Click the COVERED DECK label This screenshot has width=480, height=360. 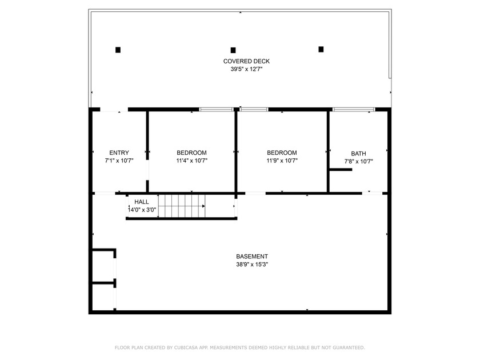pyautogui.click(x=246, y=61)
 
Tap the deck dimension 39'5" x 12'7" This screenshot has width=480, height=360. pyautogui.click(x=246, y=69)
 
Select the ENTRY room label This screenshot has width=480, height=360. pyautogui.click(x=119, y=153)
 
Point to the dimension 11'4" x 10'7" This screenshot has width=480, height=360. pyautogui.click(x=191, y=161)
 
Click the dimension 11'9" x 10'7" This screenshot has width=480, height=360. pyautogui.click(x=282, y=161)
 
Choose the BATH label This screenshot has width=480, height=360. pyautogui.click(x=358, y=154)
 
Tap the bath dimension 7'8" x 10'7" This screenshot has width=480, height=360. pyautogui.click(x=358, y=162)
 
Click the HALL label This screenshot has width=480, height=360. pyautogui.click(x=142, y=202)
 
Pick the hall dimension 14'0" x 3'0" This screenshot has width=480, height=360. pyautogui.click(x=142, y=210)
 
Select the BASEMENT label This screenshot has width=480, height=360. pyautogui.click(x=252, y=257)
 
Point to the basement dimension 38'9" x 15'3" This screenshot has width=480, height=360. pyautogui.click(x=252, y=265)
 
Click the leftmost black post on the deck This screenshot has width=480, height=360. pyautogui.click(x=118, y=50)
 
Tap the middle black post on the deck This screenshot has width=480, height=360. pyautogui.click(x=233, y=50)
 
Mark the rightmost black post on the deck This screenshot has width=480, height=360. pyautogui.click(x=321, y=49)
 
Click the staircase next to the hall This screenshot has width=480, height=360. pyautogui.click(x=182, y=206)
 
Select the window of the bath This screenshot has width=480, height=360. pyautogui.click(x=354, y=109)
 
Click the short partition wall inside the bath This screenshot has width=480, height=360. pyautogui.click(x=341, y=170)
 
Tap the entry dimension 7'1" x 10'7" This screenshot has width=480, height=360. pyautogui.click(x=119, y=161)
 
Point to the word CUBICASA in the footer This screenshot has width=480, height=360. pyautogui.click(x=186, y=347)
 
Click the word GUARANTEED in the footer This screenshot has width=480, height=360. pyautogui.click(x=349, y=347)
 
